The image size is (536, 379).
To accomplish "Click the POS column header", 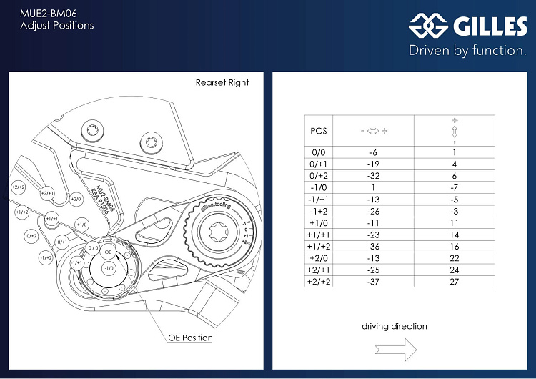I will coord(319,131).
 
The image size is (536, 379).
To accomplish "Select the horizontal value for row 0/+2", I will coord(373,174).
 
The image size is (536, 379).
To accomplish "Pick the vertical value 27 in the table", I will coord(454,282).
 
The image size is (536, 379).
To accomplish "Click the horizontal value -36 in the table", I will coord(373,246).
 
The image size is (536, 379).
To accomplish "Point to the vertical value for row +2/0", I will coord(454,257).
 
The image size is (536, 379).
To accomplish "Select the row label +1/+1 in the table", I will coord(319,234).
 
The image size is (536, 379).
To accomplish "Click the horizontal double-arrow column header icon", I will coord(373,131).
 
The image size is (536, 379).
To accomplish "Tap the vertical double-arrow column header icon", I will coord(454,131).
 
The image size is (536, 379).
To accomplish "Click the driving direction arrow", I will coord(394,349).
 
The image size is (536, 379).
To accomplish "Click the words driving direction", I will coord(394,326).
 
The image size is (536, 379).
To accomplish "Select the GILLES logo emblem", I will coord(427,26).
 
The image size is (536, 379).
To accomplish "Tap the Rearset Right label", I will coord(222,83).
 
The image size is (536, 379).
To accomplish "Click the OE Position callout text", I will coord(190,338).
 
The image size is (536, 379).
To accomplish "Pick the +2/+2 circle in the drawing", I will coord(18,187).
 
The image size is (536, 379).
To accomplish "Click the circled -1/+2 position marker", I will coord(46,257).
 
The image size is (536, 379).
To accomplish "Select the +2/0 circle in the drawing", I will coord(76,199).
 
